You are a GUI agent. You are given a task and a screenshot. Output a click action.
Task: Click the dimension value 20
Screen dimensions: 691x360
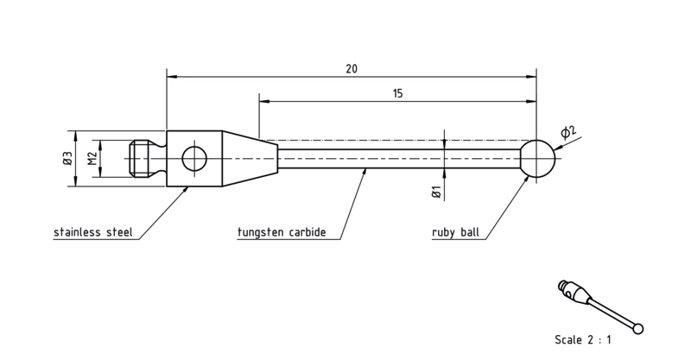pyautogui.click(x=352, y=69)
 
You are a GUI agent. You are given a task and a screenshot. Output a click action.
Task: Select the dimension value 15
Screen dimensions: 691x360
pyautogui.click(x=397, y=93)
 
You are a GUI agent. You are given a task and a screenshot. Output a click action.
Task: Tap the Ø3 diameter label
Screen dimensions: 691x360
pyautogui.click(x=67, y=158)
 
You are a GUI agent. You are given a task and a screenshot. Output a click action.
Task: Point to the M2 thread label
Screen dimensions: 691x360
pyautogui.click(x=92, y=158)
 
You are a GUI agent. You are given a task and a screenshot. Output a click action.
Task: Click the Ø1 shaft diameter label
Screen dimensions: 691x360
pyautogui.click(x=436, y=193)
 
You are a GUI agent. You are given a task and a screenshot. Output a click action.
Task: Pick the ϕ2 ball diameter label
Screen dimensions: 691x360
pyautogui.click(x=568, y=132)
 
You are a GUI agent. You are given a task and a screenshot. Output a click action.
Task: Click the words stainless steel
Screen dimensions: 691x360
pyautogui.click(x=93, y=232)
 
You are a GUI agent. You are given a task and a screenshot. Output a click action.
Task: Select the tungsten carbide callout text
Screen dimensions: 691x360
pyautogui.click(x=282, y=232)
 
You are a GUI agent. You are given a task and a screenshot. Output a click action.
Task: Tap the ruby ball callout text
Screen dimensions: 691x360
pyautogui.click(x=455, y=232)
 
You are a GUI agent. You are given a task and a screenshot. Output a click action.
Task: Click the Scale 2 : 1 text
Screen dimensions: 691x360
pyautogui.click(x=582, y=340)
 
